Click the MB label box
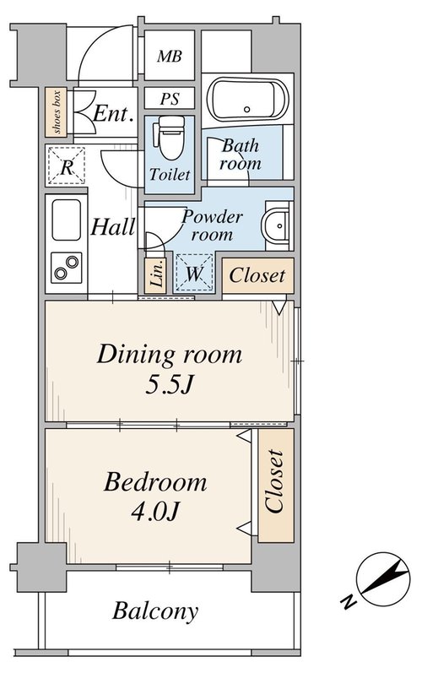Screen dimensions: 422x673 click(170, 55)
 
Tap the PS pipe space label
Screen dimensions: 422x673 click(170, 99)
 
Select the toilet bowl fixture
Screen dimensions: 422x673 click(171, 137)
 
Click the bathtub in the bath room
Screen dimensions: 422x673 click(247, 100)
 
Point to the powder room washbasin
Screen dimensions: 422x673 click(277, 225)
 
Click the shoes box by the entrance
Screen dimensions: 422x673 click(57, 112)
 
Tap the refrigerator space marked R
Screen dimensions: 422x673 click(67, 166)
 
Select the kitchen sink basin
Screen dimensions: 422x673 click(67, 220)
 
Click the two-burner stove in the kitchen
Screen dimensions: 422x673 click(67, 268)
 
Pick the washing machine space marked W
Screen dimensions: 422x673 click(194, 273)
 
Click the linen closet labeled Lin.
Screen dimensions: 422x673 click(155, 275)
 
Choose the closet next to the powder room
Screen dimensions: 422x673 click(257, 275)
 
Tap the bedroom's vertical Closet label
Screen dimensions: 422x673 click(274, 480)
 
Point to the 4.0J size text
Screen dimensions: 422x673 click(154, 511)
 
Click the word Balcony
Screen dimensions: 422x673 click(155, 611)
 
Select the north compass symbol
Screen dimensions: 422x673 click(383, 579)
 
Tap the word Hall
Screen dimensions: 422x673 click(113, 226)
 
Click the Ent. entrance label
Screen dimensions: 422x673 click(112, 114)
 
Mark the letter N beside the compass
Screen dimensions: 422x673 click(349, 601)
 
